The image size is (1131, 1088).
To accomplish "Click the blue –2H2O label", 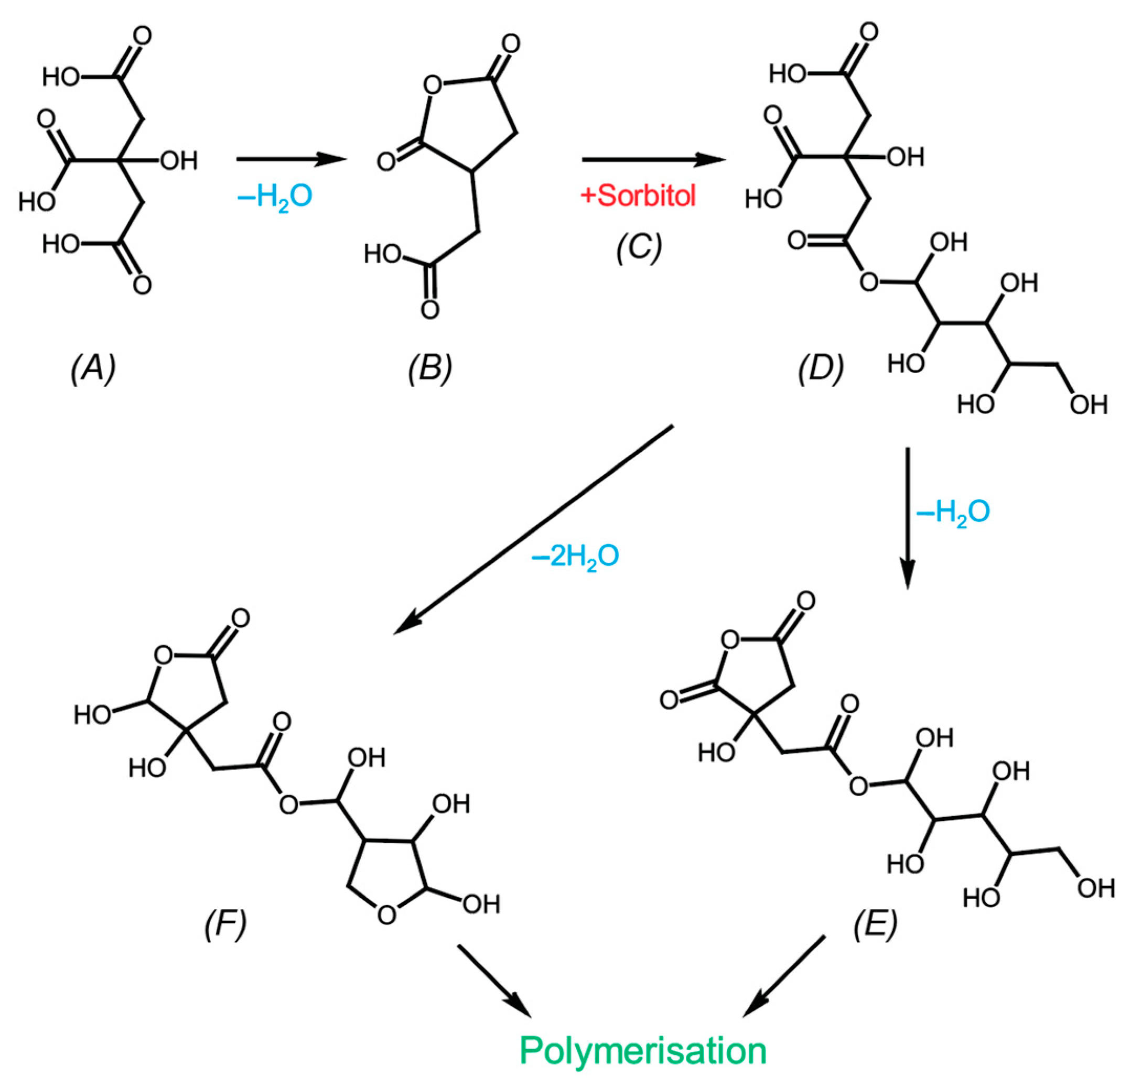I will (575, 556).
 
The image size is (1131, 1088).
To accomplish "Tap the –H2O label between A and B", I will (275, 196).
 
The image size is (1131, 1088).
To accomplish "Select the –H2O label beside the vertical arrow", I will (953, 511).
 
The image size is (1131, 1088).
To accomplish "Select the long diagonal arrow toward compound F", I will (534, 529).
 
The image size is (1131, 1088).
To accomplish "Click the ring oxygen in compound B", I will (432, 85).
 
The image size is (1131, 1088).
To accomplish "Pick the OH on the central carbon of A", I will (178, 161).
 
